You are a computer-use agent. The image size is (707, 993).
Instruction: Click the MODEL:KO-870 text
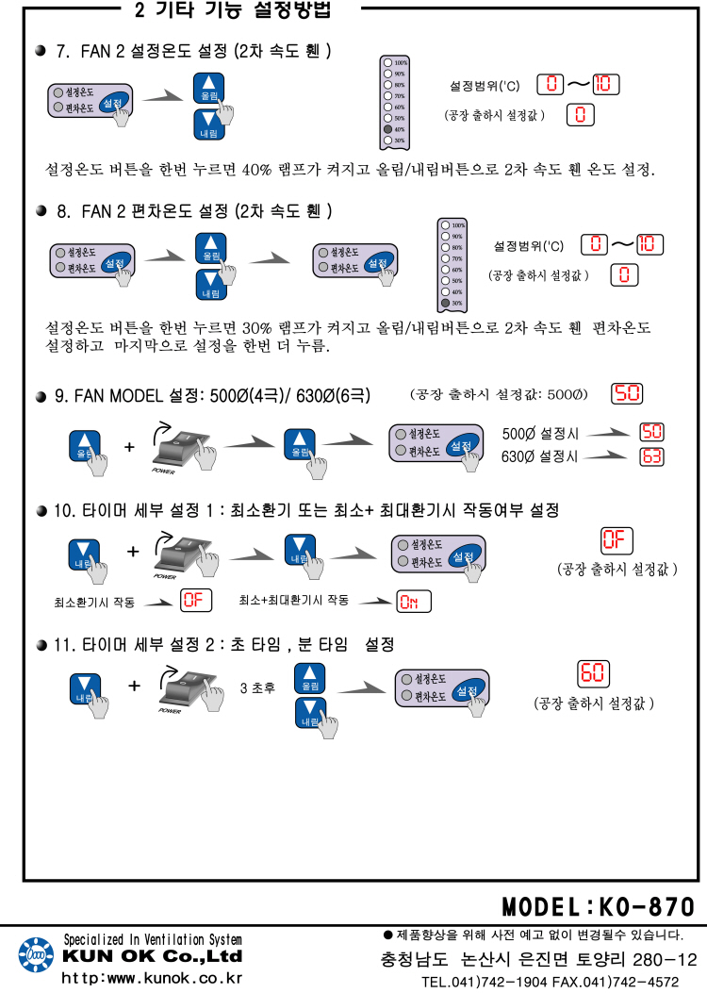598,907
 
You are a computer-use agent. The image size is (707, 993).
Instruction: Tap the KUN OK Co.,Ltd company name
152,956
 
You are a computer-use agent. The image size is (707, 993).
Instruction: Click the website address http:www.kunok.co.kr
152,977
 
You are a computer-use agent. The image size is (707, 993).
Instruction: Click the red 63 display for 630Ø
651,456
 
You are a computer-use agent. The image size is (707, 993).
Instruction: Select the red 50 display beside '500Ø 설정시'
651,432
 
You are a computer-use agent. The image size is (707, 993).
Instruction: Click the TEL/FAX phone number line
554,981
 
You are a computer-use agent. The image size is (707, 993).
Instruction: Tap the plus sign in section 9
129,445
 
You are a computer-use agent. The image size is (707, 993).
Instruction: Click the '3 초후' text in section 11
257,687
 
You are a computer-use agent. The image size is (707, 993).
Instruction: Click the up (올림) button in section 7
209,90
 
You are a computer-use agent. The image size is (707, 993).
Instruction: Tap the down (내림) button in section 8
210,286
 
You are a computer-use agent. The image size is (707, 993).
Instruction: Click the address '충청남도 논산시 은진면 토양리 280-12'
538,959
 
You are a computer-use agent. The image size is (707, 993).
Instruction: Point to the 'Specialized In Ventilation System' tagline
152,939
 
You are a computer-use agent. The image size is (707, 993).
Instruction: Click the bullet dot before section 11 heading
41,645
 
